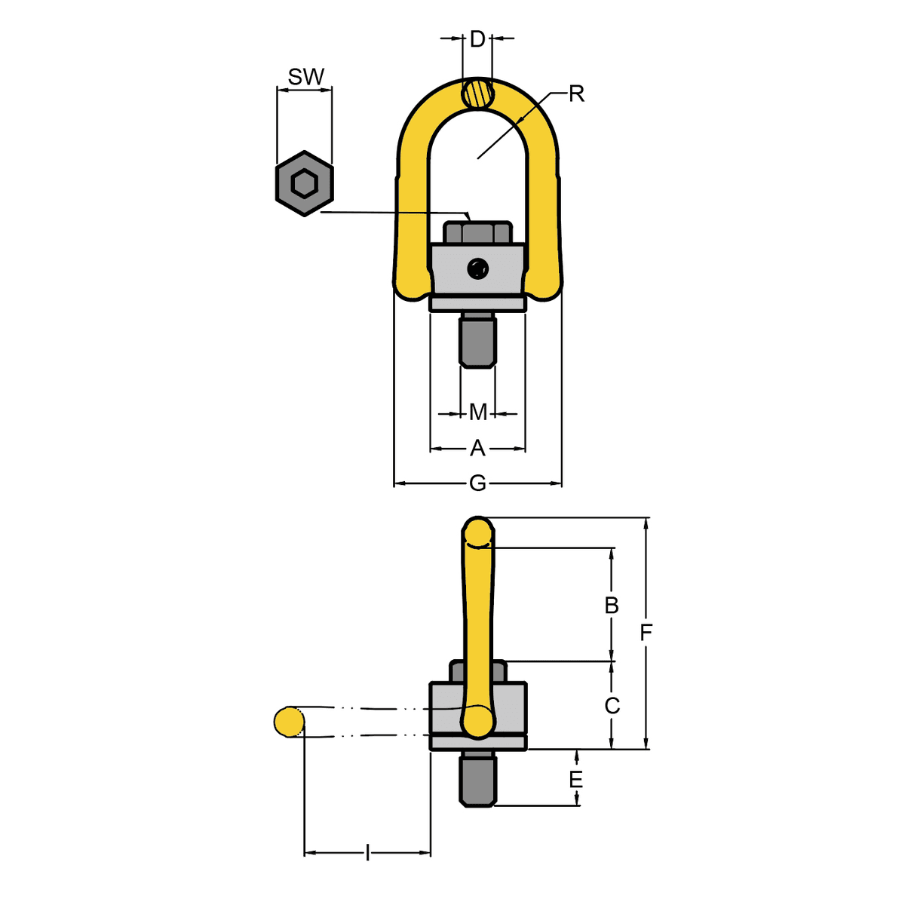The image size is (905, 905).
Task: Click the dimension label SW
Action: [305, 77]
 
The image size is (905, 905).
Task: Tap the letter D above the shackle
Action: [477, 39]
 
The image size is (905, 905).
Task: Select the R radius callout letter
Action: [576, 94]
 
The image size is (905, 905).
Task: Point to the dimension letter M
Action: [478, 413]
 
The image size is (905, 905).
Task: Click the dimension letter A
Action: [477, 448]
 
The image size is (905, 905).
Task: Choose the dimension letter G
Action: [477, 483]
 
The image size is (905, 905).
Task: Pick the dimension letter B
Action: [611, 606]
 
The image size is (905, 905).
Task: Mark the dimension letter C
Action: [612, 705]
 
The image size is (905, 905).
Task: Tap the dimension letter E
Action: [575, 779]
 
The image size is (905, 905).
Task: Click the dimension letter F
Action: [646, 633]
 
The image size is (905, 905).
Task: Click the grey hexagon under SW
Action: [305, 183]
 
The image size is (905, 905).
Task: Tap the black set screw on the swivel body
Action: [477, 269]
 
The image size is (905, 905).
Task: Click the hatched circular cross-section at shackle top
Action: [477, 94]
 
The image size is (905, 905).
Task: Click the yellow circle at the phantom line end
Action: [289, 721]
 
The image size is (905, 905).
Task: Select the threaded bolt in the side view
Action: [477, 778]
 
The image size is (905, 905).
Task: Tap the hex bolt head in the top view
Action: [477, 232]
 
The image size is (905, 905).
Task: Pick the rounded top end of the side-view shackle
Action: [477, 532]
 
